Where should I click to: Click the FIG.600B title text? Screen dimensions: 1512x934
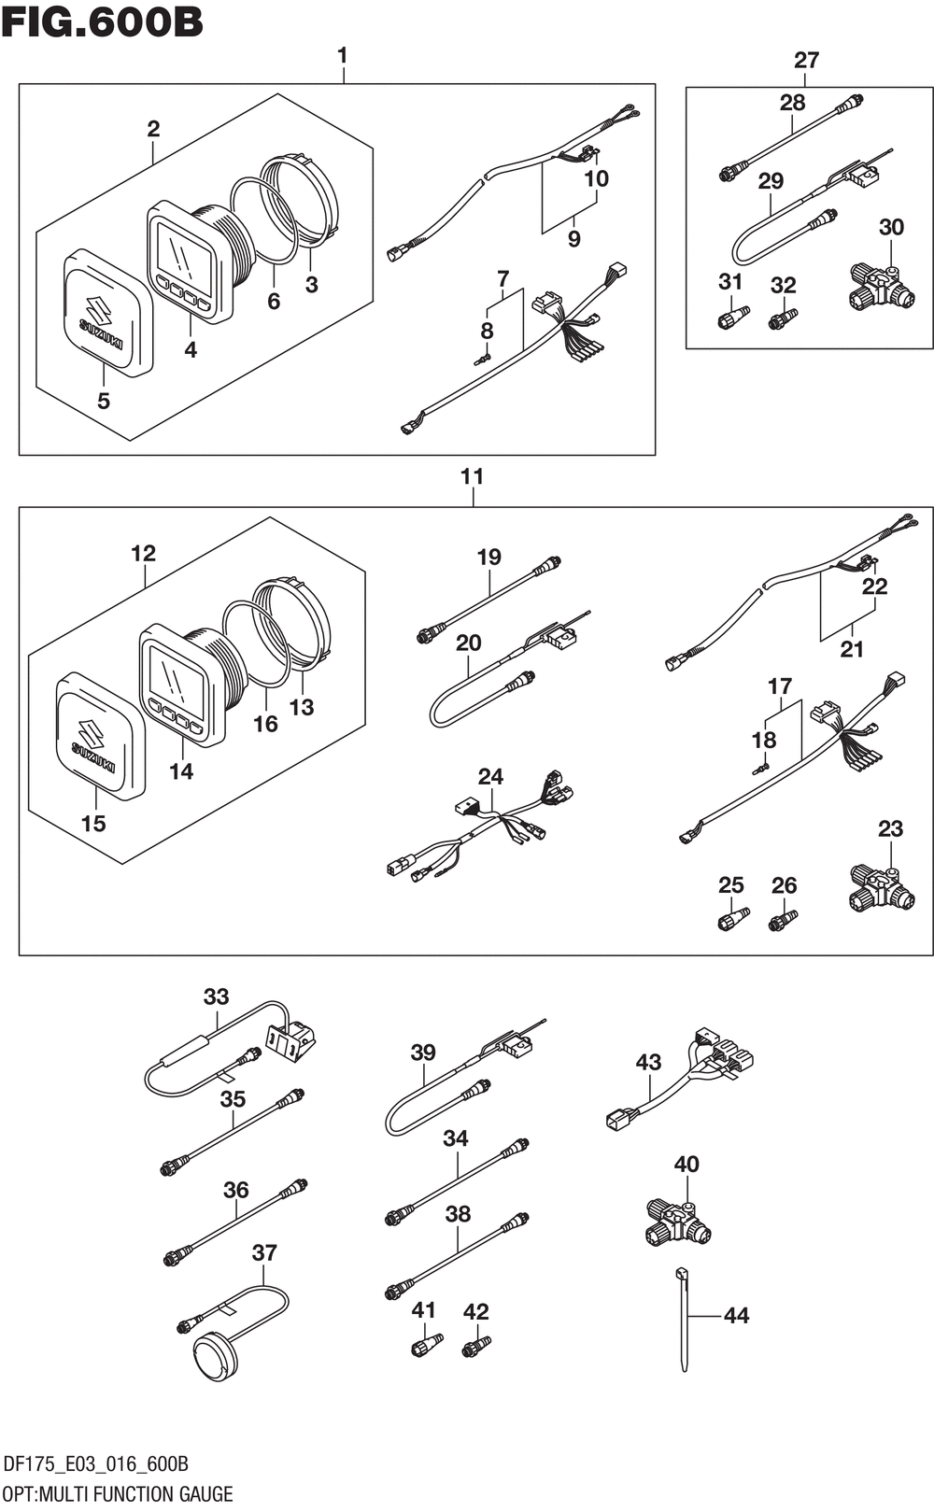[x=102, y=22]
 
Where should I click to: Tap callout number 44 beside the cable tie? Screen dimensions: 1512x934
[x=736, y=1315]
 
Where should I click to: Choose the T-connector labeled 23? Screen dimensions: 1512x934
[x=882, y=888]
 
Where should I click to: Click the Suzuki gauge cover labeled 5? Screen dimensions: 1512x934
[x=106, y=312]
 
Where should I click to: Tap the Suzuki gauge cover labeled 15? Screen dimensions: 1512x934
[x=98, y=737]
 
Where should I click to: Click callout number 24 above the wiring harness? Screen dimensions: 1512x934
[x=490, y=776]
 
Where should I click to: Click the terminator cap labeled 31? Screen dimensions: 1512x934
[x=732, y=317]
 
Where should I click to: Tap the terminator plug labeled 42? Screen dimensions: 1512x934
[x=476, y=1347]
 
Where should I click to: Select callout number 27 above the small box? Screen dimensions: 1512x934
[x=806, y=60]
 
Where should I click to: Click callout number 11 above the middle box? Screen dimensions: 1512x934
[x=472, y=476]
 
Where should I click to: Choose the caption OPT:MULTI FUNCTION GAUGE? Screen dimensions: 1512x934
[x=118, y=1492]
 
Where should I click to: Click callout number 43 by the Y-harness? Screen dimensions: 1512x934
[x=648, y=1062]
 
